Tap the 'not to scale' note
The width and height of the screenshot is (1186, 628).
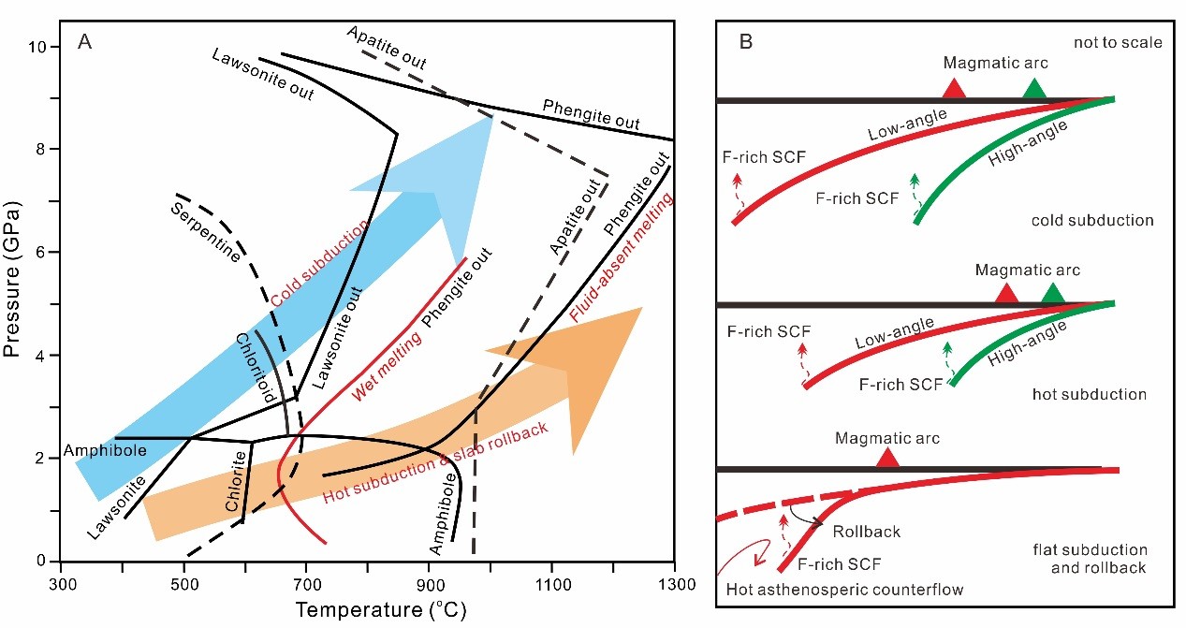tap(1119, 43)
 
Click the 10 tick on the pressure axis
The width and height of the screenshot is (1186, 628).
tap(41, 47)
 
